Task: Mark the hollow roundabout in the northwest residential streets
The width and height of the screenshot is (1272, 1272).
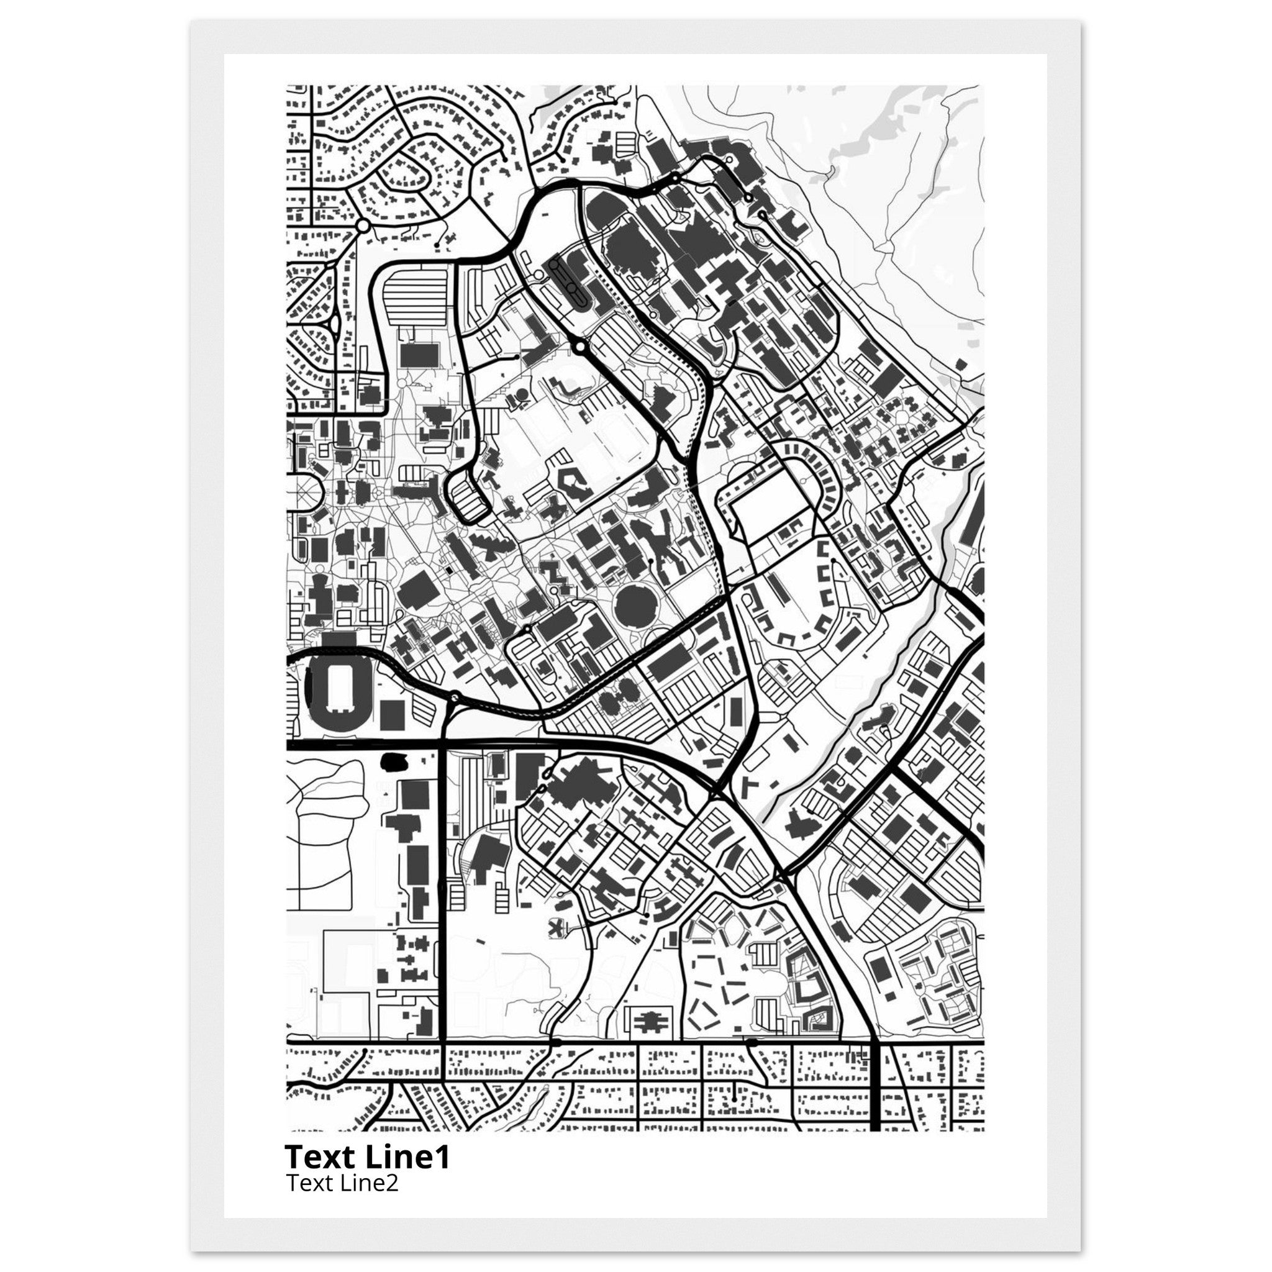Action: click(361, 226)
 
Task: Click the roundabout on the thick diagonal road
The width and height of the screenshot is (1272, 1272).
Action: click(579, 346)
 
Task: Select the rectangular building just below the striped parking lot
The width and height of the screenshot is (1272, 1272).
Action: click(419, 354)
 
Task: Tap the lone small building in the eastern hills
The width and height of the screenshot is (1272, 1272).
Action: click(961, 364)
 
